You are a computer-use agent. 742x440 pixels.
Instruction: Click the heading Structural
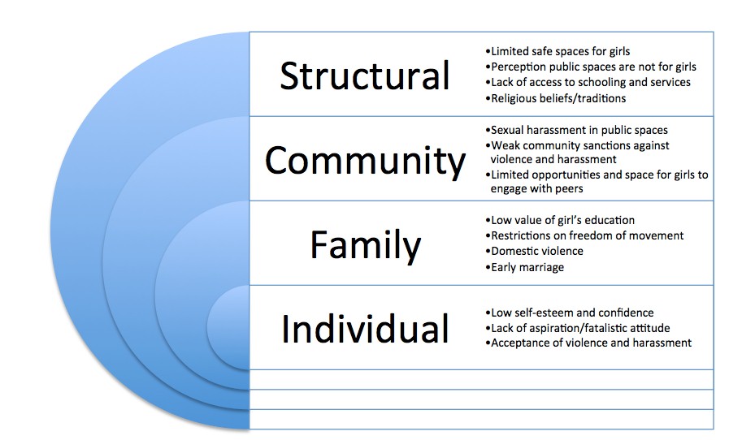point(364,75)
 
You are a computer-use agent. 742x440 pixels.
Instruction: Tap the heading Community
point(365,160)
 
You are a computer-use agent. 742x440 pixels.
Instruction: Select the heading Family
point(365,245)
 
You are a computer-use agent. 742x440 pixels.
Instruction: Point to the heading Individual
point(365,329)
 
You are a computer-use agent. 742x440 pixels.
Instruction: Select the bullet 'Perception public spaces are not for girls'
point(593,67)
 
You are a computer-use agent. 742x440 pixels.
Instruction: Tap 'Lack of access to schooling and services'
point(590,82)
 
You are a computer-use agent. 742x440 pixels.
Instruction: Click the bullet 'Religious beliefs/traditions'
point(558,98)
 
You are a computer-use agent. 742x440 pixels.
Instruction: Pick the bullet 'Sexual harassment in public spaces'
point(578,130)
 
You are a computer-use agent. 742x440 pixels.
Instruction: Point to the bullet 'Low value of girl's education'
point(562,220)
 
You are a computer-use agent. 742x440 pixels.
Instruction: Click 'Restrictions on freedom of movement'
point(587,235)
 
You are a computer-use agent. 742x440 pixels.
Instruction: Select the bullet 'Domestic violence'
point(536,251)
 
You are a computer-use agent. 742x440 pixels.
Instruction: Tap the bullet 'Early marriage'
point(527,266)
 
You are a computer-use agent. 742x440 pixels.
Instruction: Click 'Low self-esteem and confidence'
point(571,312)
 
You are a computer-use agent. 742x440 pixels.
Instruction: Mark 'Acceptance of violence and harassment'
point(590,343)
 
